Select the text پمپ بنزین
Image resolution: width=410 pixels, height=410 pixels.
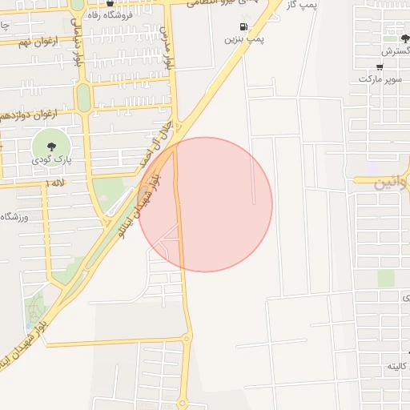tap(243, 38)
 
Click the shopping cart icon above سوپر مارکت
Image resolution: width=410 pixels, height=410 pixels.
tap(379, 67)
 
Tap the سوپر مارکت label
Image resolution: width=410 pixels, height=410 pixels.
tap(379, 79)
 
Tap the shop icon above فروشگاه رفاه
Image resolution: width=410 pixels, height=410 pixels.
tap(110, 3)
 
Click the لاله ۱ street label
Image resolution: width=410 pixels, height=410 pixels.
tap(56, 183)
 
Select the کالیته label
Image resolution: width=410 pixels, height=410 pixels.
tap(398, 366)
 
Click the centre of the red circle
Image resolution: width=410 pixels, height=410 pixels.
tap(205, 204)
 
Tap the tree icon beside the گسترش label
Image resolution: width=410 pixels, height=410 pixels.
tap(392, 38)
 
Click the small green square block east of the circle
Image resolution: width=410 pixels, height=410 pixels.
tap(386, 278)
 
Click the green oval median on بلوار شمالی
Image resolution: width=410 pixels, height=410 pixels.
tap(83, 97)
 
